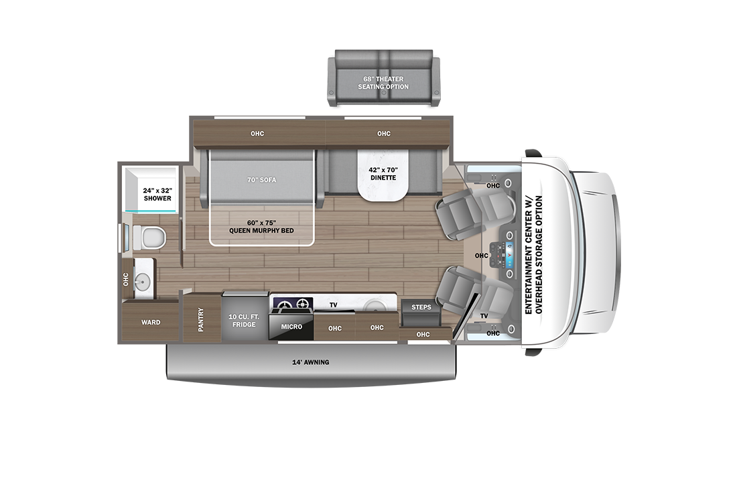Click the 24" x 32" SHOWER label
click(x=157, y=194)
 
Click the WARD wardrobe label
click(x=151, y=323)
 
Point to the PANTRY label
click(x=200, y=319)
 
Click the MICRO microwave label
click(x=291, y=327)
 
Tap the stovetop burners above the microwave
click(x=292, y=306)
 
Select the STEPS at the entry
click(x=421, y=307)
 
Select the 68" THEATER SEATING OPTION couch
click(x=383, y=82)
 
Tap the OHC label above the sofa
click(x=257, y=133)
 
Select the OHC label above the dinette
click(x=383, y=133)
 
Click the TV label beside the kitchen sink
click(x=333, y=305)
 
